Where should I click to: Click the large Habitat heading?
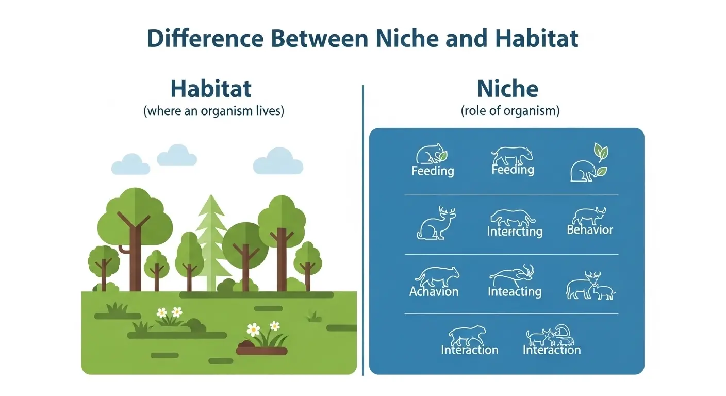pos(211,89)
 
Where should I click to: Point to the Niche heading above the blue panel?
pos(508,89)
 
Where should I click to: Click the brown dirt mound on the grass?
pos(261,350)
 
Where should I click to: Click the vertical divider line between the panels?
pos(363,229)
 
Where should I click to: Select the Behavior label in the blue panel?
pos(590,230)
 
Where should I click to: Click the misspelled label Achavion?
pos(434,292)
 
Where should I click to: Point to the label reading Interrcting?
pos(515,232)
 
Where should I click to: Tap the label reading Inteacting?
pos(515,292)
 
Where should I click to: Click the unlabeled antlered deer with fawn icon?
pos(591,287)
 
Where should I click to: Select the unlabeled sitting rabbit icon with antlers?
pos(436,224)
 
